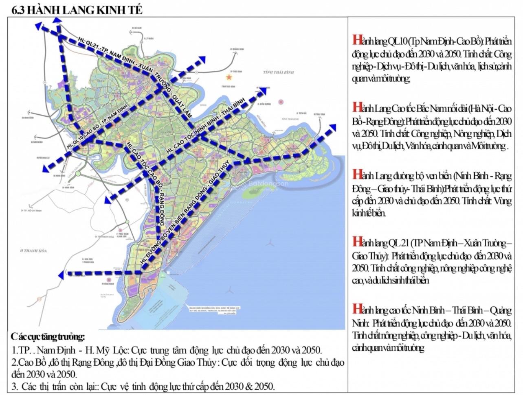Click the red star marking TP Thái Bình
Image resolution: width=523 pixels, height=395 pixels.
[233, 77]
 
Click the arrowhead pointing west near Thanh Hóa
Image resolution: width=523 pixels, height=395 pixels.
[62, 275]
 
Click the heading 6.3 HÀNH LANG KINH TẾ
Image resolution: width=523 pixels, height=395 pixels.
[77, 10]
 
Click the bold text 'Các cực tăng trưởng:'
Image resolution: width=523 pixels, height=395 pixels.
[48, 337]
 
